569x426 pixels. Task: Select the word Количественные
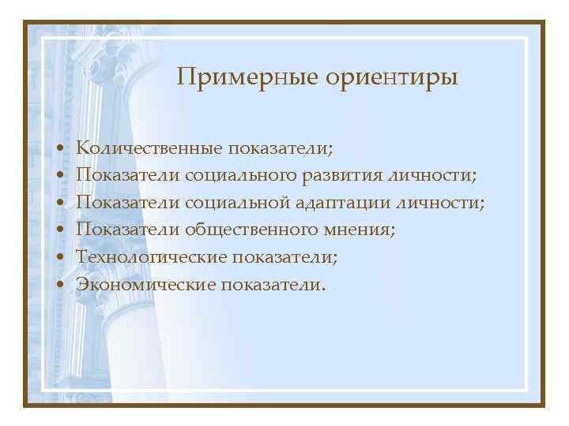tap(147, 148)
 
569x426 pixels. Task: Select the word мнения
tap(359, 230)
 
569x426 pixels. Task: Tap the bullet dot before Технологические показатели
tap(60, 258)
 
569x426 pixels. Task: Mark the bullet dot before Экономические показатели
tap(60, 286)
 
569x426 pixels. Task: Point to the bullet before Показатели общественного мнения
tap(60, 230)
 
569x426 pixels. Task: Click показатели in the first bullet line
tap(281, 148)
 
